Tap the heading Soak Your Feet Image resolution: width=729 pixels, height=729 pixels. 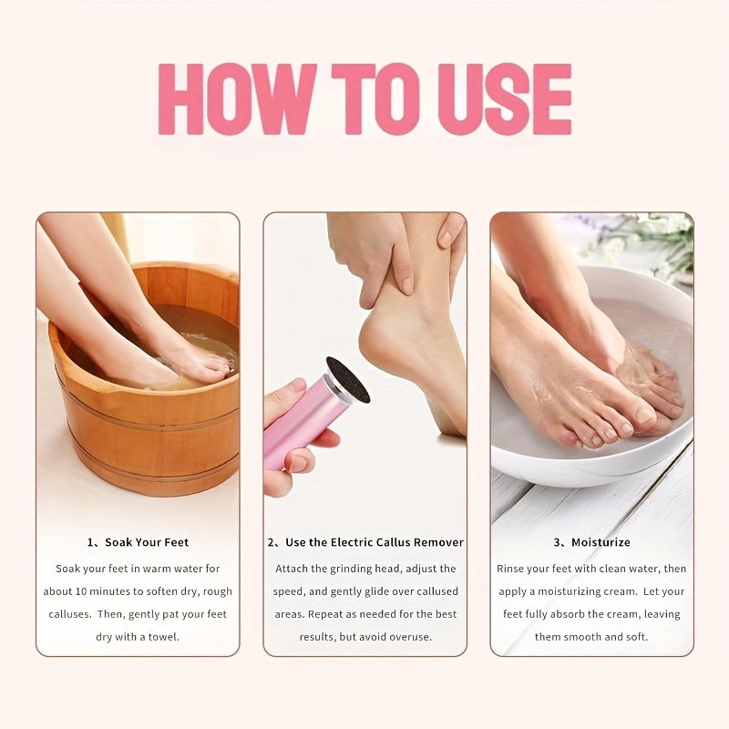pyautogui.click(x=147, y=542)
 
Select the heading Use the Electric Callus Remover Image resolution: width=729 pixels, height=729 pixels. pyautogui.click(x=374, y=542)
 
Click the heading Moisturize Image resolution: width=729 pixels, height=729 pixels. pyautogui.click(x=601, y=542)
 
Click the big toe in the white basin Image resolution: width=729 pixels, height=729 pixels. pyautogui.click(x=642, y=415)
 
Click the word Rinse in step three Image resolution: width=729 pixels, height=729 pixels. pyautogui.click(x=512, y=569)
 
